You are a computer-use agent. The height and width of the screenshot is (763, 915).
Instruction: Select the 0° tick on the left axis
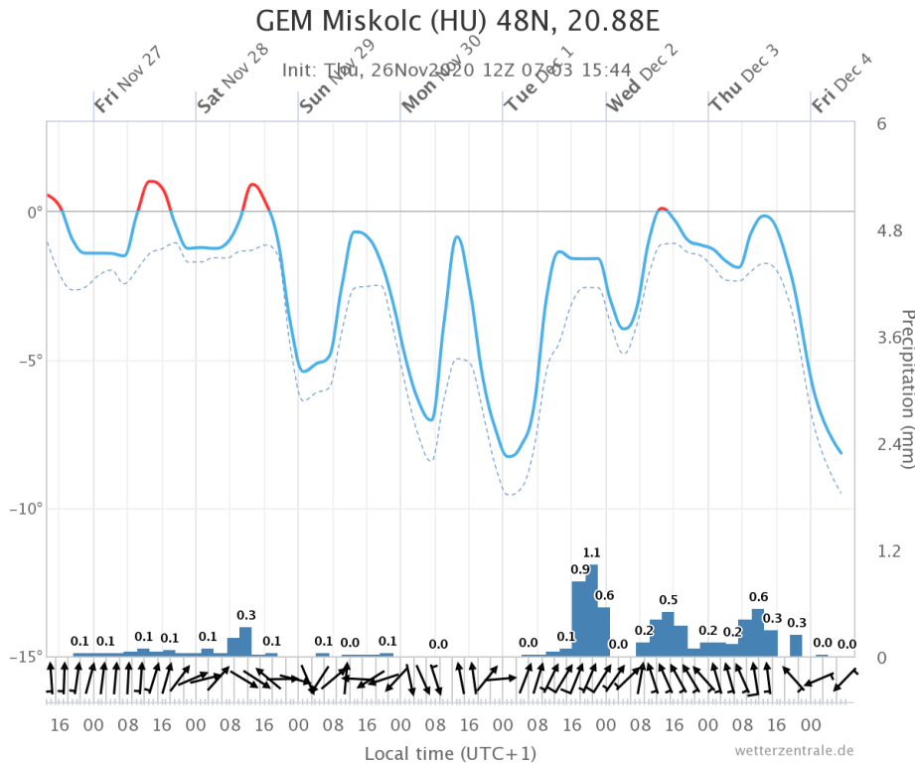click(33, 212)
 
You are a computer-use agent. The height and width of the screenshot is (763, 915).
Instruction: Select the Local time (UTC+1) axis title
click(451, 753)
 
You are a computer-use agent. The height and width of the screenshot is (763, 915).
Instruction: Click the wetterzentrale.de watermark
click(794, 750)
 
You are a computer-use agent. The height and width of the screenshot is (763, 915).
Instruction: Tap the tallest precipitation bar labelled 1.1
click(592, 610)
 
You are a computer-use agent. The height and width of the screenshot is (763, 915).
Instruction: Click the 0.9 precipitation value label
click(580, 569)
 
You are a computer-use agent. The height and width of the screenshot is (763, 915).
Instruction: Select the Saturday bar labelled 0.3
click(245, 641)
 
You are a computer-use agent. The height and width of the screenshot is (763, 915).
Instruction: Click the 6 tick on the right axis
click(881, 123)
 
